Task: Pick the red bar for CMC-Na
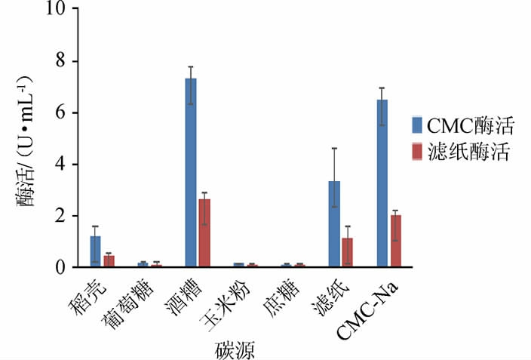coord(395,241)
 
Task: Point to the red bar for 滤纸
coord(348,252)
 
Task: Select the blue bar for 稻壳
coord(95,251)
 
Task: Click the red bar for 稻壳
coord(109,260)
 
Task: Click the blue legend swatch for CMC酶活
coord(416,125)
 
